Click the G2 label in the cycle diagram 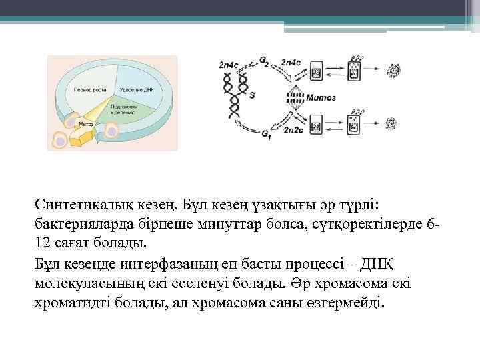point(264,63)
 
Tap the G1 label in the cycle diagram point(265,136)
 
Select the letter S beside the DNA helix point(251,96)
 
